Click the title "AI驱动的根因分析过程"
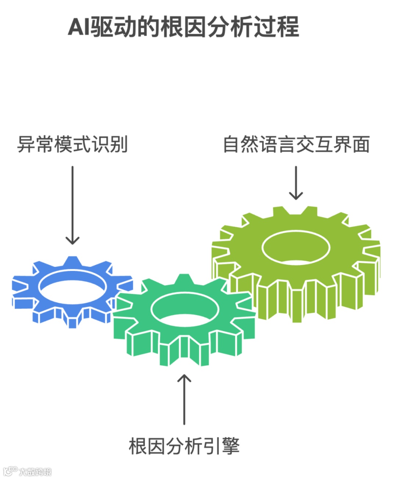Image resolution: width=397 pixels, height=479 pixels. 183,27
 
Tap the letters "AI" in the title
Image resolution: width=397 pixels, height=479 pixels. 78,27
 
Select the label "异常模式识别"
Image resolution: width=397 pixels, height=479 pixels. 72,144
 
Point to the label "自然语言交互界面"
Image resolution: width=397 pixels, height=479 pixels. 296,144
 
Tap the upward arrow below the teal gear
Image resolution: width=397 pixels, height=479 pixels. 184,399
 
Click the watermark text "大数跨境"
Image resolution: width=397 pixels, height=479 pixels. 35,472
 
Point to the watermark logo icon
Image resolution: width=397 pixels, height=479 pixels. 10,471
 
